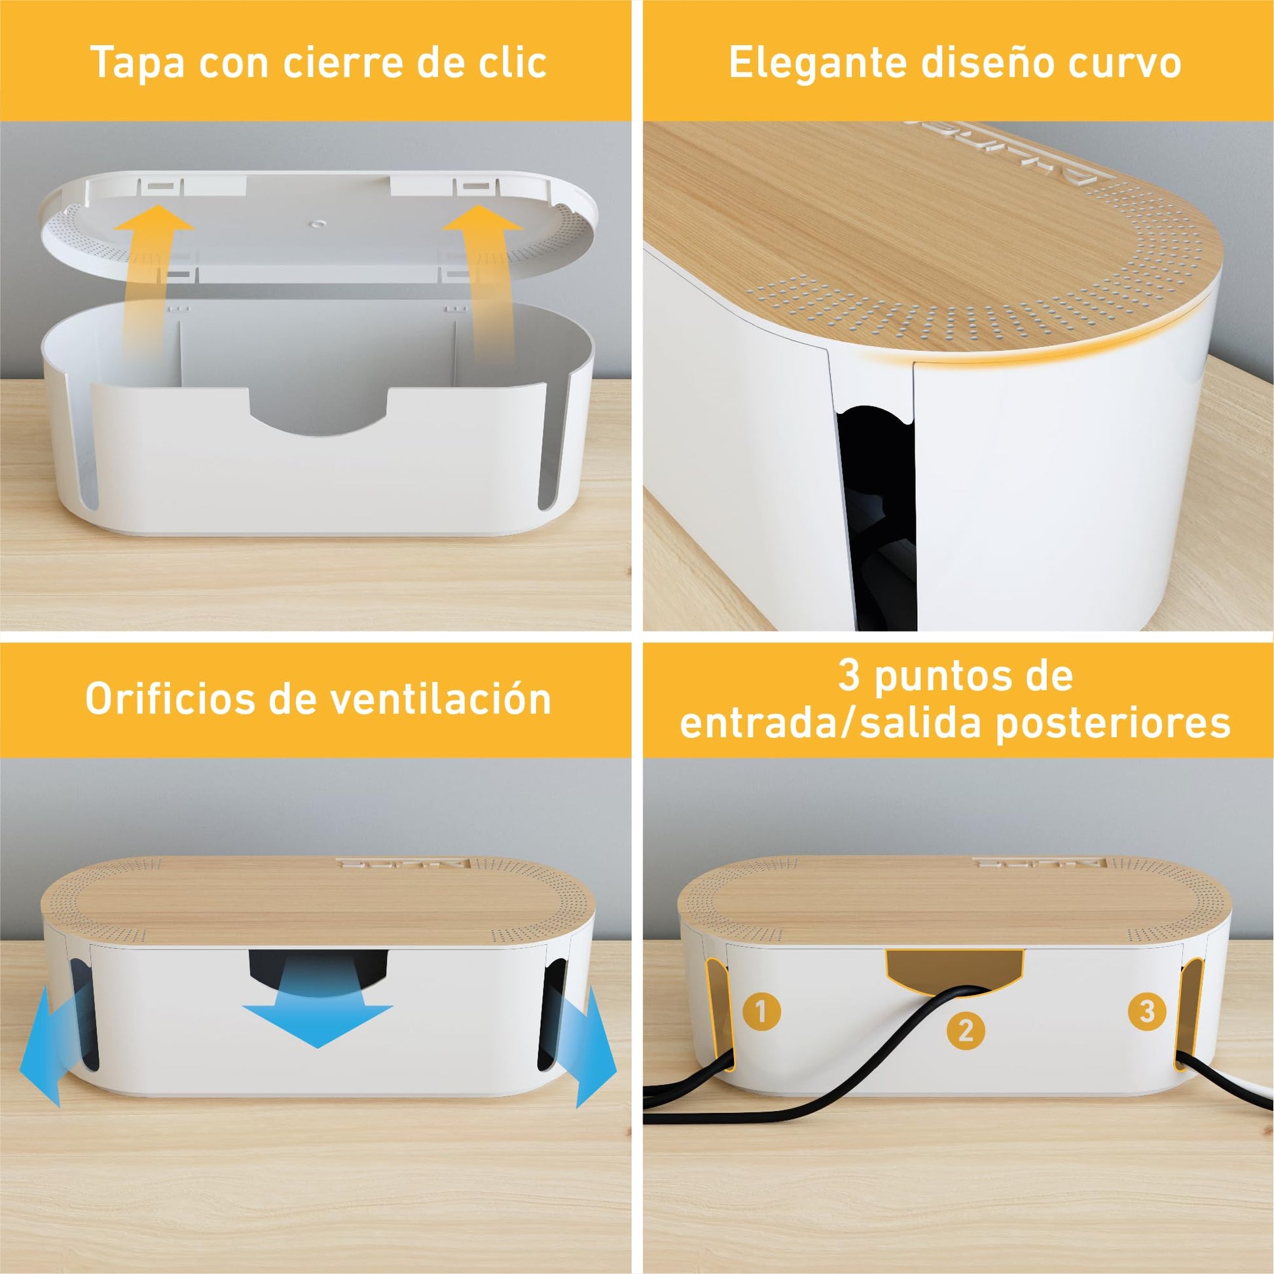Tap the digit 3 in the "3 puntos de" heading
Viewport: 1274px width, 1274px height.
(x=848, y=675)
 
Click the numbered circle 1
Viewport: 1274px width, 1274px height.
(x=761, y=1011)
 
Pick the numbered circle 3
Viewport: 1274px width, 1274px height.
(x=1147, y=1010)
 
